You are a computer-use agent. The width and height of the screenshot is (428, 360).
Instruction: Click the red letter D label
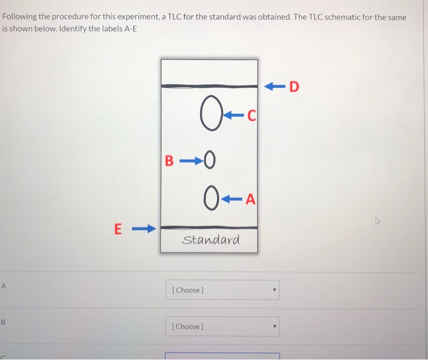(x=294, y=87)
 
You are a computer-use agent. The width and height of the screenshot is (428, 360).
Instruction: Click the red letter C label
(x=252, y=114)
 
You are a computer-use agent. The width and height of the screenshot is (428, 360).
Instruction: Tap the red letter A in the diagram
(x=251, y=199)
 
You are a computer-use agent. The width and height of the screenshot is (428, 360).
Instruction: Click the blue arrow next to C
(x=234, y=114)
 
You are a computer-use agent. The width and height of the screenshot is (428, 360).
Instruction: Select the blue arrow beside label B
(x=190, y=162)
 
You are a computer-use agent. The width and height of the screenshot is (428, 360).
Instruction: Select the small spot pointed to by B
(x=210, y=162)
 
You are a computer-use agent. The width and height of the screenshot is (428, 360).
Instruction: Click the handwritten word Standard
(x=211, y=240)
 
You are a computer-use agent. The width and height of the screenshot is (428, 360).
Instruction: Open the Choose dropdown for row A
(x=222, y=290)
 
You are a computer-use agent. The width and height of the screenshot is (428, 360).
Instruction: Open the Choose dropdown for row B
(x=222, y=326)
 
